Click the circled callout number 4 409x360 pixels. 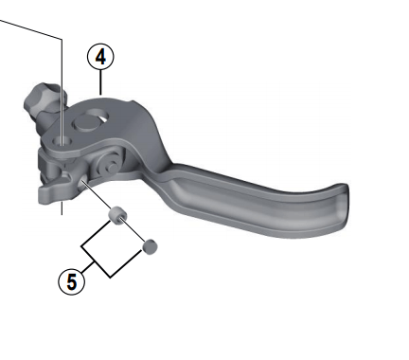click(100, 57)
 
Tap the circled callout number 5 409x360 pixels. click(68, 279)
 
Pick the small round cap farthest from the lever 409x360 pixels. click(149, 247)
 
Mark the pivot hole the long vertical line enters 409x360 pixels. click(62, 142)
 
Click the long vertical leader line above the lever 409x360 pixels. click(62, 85)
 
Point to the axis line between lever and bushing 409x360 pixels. click(99, 197)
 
